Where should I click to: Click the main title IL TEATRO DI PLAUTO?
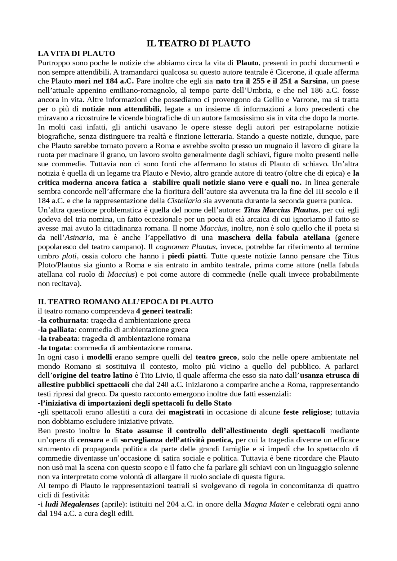coord(198,44)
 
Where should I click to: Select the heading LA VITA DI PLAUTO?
coord(76,54)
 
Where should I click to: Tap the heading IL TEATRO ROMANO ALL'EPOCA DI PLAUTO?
coord(126,302)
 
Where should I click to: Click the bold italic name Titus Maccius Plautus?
coord(281,210)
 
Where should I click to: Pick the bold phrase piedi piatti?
coord(187,256)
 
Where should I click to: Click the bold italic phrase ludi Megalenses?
coord(72,504)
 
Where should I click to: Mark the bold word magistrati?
coord(186,412)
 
